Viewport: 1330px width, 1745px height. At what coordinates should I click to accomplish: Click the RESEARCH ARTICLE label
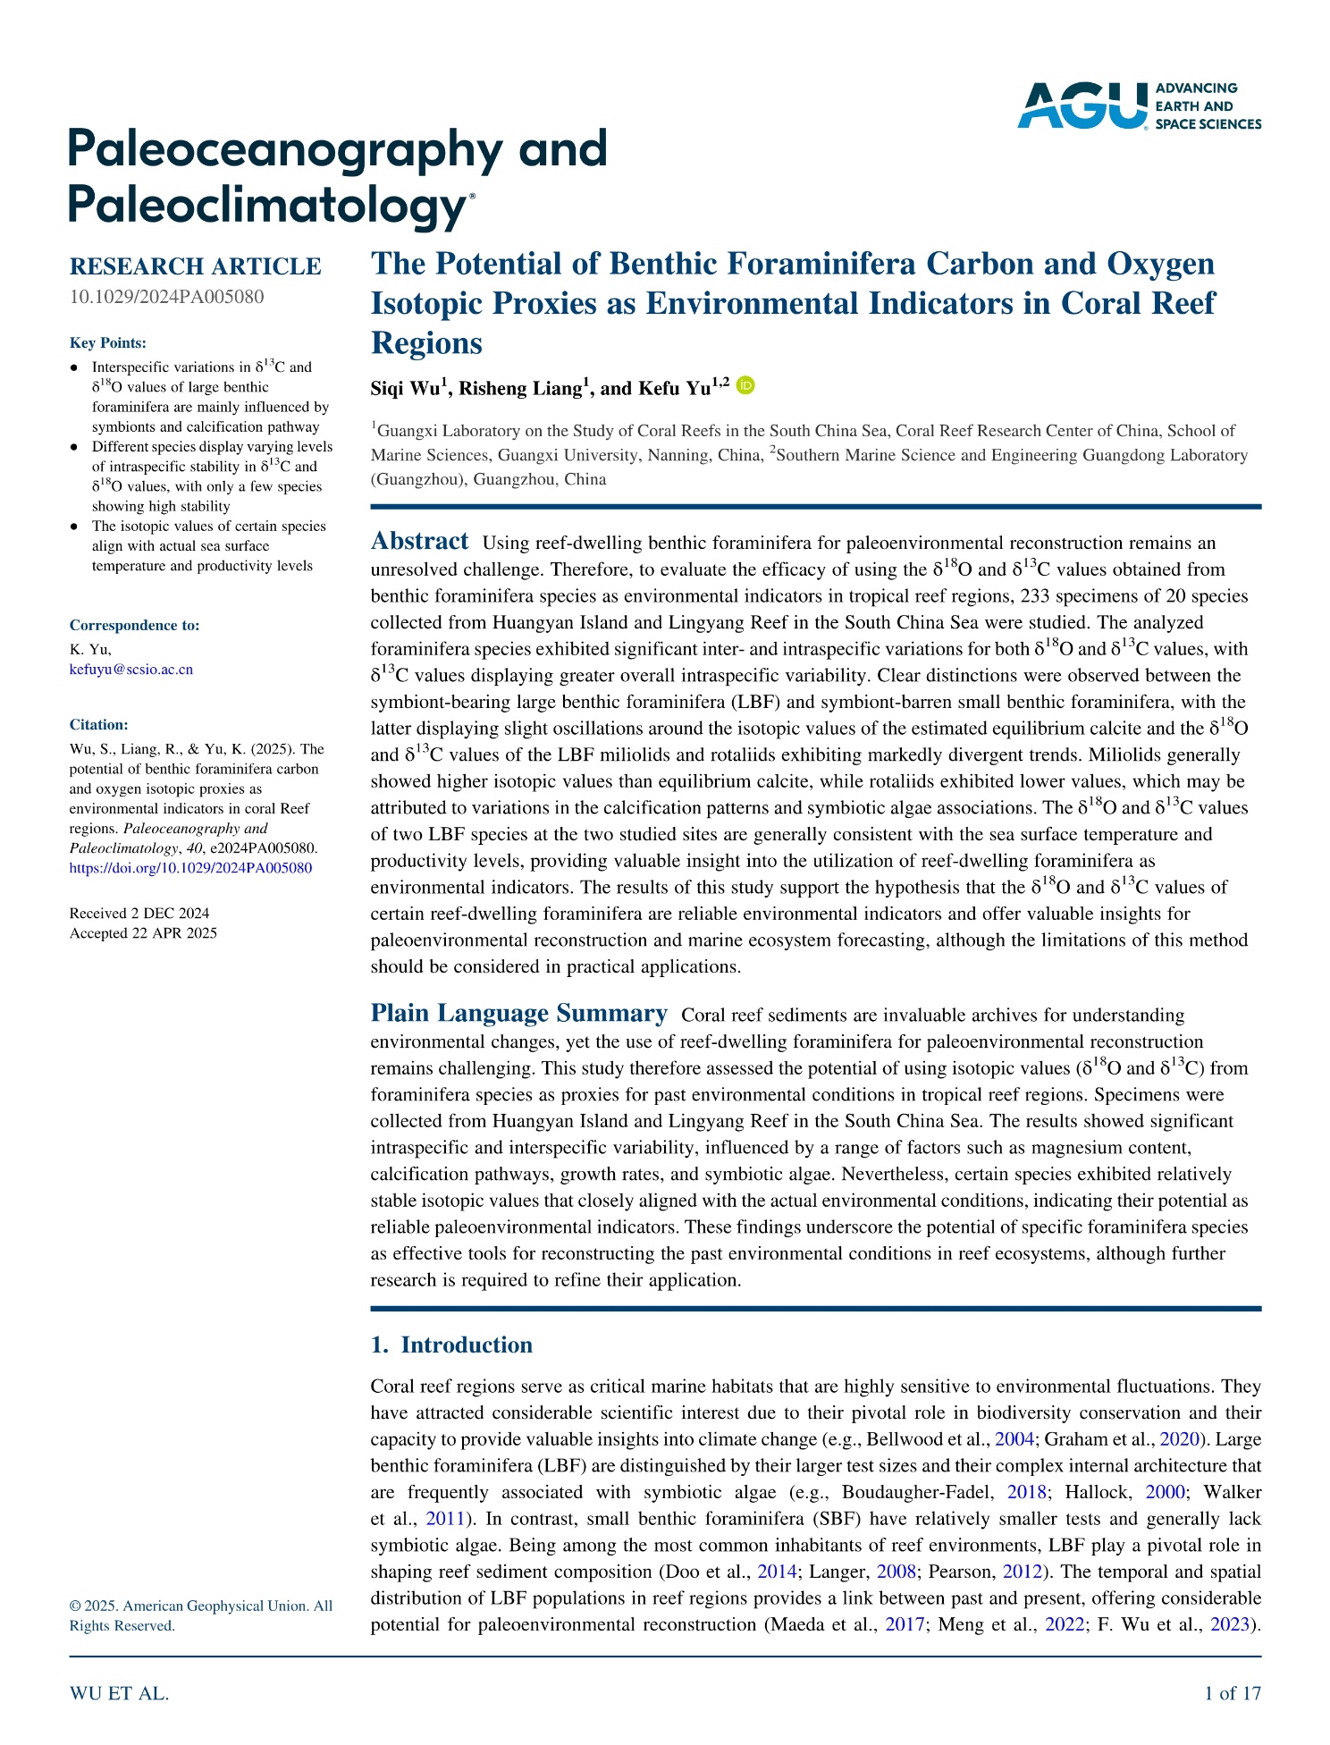click(x=195, y=266)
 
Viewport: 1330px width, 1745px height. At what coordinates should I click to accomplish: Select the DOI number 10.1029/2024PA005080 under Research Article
click(x=166, y=297)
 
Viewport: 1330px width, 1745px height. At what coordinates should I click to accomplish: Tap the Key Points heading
click(x=108, y=343)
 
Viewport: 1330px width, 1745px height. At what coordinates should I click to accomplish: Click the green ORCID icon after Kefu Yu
click(x=745, y=385)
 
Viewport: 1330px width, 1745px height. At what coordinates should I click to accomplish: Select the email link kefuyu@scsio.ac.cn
click(x=131, y=670)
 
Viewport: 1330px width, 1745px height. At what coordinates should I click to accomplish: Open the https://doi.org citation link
click(x=190, y=868)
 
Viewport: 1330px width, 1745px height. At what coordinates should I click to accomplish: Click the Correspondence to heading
click(x=134, y=626)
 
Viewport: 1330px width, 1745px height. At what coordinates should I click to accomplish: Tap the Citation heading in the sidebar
click(x=99, y=725)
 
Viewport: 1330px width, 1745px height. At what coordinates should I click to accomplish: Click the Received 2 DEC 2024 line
click(x=139, y=914)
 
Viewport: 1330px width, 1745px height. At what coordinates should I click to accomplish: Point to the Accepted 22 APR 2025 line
click(x=143, y=933)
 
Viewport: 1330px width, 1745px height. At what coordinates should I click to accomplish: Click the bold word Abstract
click(x=419, y=542)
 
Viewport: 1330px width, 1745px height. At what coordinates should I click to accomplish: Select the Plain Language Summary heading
click(x=518, y=1014)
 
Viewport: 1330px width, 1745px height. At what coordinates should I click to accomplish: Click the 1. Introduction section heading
click(x=451, y=1345)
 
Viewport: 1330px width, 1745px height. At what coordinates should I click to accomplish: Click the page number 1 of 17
click(x=1233, y=1693)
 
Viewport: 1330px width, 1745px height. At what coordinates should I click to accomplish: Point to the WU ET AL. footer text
click(x=119, y=1693)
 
